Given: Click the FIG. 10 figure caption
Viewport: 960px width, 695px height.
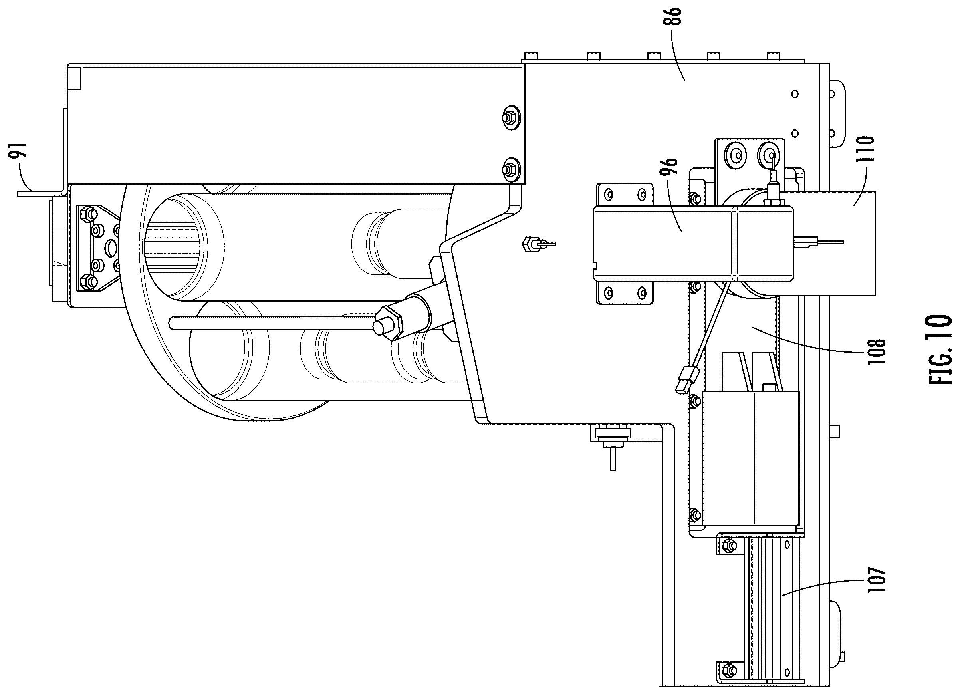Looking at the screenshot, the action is [940, 349].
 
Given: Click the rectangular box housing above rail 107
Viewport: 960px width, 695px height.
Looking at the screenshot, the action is [750, 459].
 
